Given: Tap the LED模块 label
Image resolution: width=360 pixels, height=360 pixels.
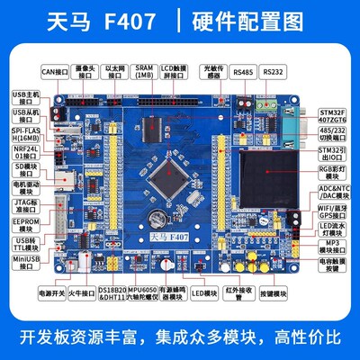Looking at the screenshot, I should (x=206, y=292).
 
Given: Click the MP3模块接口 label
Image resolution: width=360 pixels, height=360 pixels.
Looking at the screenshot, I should (x=335, y=246).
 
